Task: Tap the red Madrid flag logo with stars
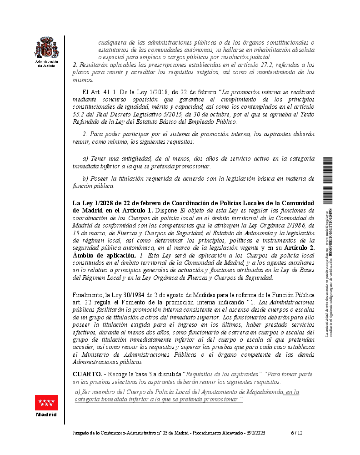click(x=47, y=403)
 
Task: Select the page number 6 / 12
click(x=297, y=433)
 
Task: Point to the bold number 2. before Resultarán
click(x=75, y=65)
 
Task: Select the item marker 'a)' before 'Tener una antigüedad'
click(x=85, y=158)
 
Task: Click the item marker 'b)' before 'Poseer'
click(x=85, y=178)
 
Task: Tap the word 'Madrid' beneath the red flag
click(x=47, y=415)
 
